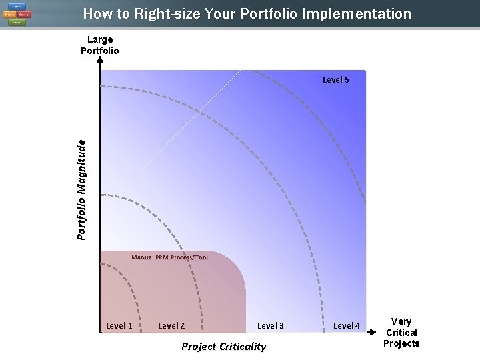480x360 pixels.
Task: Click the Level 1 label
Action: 119,325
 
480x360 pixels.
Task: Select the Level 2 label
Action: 171,325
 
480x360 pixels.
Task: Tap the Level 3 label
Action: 271,325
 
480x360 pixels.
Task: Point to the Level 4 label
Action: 347,325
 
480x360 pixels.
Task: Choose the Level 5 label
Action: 336,79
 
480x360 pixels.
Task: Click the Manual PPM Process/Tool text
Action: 169,257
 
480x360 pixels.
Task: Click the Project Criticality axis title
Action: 224,346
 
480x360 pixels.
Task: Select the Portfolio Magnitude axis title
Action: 81,189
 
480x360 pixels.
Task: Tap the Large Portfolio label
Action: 100,45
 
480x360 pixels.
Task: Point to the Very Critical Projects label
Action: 401,332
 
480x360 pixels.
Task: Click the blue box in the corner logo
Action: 16,7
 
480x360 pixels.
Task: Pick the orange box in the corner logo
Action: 9,14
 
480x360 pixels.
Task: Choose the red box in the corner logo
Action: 23,14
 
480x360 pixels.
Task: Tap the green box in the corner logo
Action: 16,21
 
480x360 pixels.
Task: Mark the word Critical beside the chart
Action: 401,332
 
